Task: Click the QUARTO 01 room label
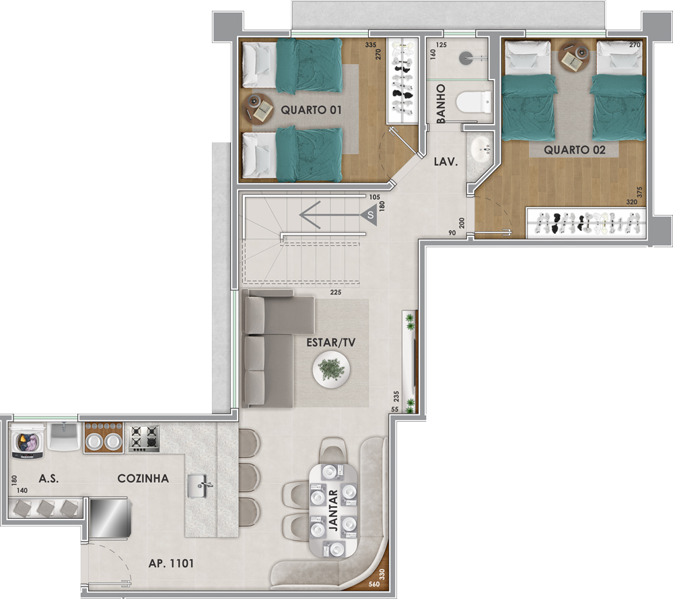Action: (311, 110)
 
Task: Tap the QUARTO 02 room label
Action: (575, 150)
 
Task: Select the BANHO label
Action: (441, 104)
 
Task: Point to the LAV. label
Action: (446, 162)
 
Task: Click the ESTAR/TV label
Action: (331, 342)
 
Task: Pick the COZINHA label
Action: (143, 478)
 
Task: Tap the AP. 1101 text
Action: (171, 563)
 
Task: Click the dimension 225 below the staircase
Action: (336, 292)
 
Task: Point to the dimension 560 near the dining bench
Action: (374, 584)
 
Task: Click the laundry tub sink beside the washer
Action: (65, 436)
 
